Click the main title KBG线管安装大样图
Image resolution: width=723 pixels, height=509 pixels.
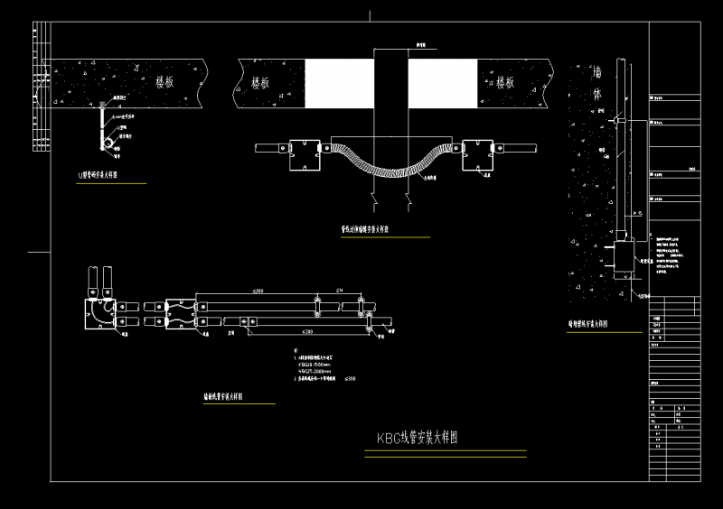[418, 439]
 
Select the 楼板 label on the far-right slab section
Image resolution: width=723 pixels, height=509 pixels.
[505, 82]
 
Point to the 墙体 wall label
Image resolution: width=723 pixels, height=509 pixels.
[596, 82]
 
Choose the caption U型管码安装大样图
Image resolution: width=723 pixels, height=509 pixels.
[106, 177]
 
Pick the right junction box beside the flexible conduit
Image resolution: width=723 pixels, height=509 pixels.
[478, 153]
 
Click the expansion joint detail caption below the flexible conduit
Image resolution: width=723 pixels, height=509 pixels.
[365, 230]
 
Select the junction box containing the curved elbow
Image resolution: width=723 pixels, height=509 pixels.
[98, 311]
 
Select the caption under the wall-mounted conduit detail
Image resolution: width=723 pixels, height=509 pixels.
[587, 322]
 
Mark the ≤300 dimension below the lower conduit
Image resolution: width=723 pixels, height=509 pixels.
[308, 333]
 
